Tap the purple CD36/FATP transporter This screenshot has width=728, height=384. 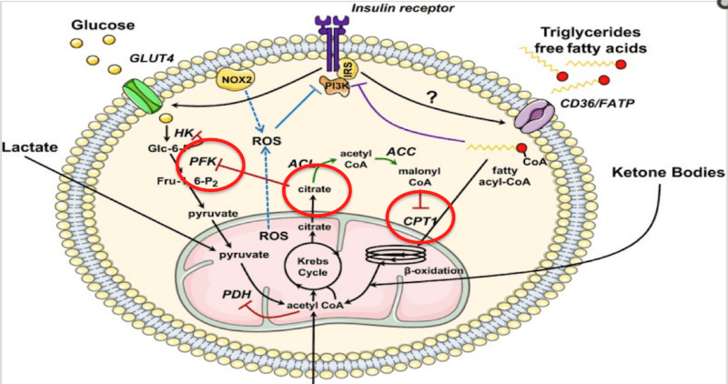click(534, 119)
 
